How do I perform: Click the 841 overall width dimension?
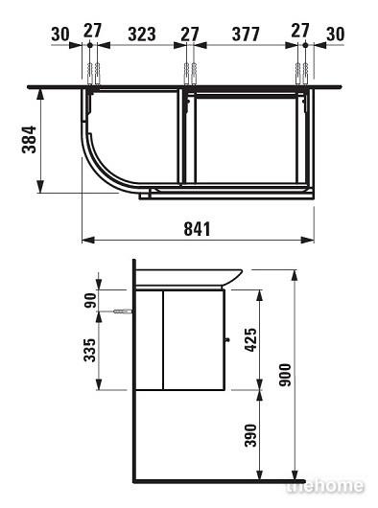pyautogui.click(x=197, y=229)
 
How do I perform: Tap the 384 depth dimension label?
pyautogui.click(x=29, y=139)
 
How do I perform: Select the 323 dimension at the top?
pyautogui.click(x=142, y=34)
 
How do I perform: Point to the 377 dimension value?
pyautogui.click(x=246, y=34)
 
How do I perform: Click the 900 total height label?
pyautogui.click(x=285, y=375)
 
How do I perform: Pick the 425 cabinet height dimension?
pyautogui.click(x=251, y=340)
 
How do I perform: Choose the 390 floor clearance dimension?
pyautogui.click(x=251, y=435)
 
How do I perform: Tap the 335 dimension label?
pyautogui.click(x=90, y=350)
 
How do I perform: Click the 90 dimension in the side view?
pyautogui.click(x=90, y=300)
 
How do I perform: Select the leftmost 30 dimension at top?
pyautogui.click(x=60, y=34)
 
